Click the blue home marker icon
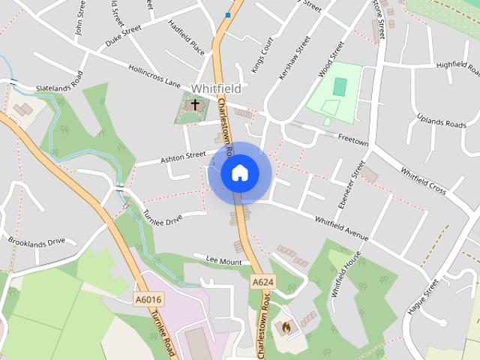pos(239,172)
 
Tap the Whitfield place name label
pos(216,88)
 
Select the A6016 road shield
pos(148,299)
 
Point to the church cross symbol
pos(195,105)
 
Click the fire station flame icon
pos(286,327)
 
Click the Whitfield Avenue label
pos(341,229)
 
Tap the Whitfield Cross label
pos(424,181)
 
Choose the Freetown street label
pos(353,138)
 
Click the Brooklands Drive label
pos(37,241)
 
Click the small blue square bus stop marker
pos(227,14)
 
